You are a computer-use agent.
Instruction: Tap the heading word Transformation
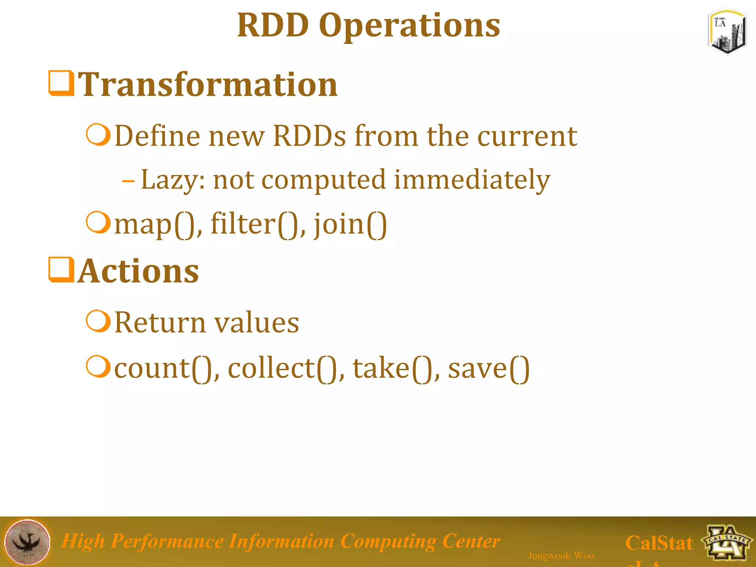208,85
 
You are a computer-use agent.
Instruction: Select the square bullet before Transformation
61,83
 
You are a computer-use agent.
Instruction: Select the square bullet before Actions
61,270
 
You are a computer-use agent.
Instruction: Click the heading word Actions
138,271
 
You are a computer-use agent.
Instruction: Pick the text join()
350,224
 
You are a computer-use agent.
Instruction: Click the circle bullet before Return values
98,321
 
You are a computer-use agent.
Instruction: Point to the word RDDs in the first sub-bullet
309,136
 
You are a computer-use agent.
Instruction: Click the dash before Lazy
128,181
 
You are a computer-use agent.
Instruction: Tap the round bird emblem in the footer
27,542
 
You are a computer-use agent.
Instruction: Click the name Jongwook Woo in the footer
560,556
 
